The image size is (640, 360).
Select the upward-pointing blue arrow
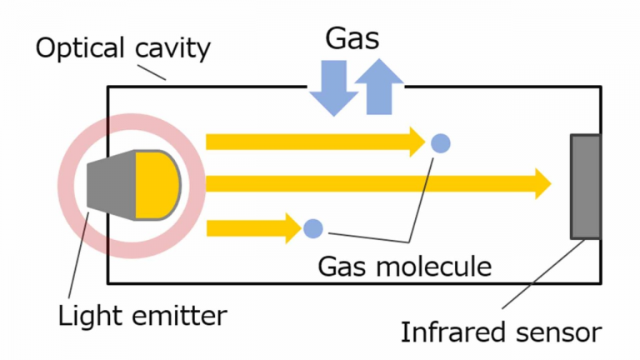380,87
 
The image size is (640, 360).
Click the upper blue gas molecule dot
442,142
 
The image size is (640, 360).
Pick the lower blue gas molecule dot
312,227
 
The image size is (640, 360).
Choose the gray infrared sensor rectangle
586,186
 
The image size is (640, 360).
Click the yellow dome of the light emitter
156,184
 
